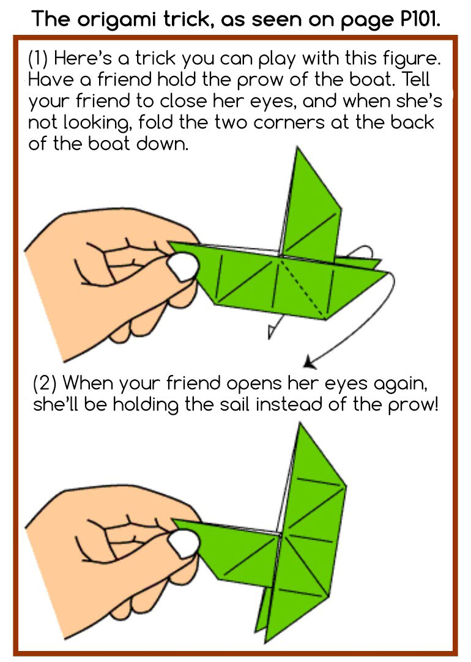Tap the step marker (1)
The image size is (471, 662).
tap(38, 58)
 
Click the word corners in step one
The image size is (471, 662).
tap(289, 122)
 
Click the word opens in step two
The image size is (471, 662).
tap(254, 384)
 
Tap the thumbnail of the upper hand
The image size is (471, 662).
tap(183, 267)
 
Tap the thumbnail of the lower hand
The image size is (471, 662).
tap(183, 544)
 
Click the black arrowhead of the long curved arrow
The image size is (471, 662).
tap(310, 362)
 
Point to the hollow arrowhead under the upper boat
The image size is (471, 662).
tap(272, 332)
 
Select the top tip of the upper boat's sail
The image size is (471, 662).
tap(297, 147)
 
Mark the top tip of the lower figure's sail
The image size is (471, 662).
tap(300, 423)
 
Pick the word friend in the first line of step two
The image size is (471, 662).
tap(193, 384)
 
